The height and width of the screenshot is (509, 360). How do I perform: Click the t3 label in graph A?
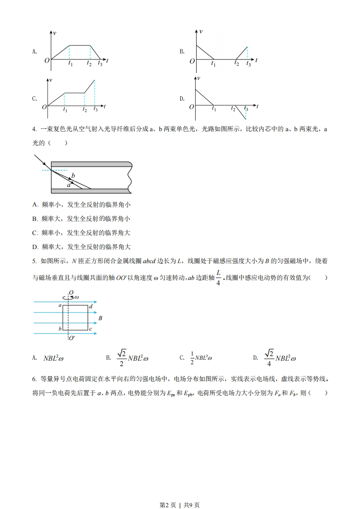(x=100, y=65)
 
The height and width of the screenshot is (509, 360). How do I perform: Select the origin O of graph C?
(x=44, y=107)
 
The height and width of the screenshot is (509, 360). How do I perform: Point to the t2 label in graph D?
(x=233, y=109)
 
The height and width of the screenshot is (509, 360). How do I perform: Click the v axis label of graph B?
(x=201, y=31)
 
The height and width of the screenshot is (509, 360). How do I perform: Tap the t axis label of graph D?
(x=257, y=106)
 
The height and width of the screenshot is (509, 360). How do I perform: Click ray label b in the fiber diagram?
(x=73, y=175)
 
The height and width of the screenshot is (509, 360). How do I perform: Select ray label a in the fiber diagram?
(x=69, y=185)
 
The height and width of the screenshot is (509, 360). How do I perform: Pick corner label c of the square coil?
(x=91, y=328)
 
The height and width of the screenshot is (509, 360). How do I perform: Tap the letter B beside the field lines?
(x=100, y=318)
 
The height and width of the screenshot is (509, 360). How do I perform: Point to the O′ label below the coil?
(x=72, y=338)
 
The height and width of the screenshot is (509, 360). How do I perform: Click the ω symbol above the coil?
(x=76, y=297)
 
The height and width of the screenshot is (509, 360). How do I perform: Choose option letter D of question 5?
(x=255, y=358)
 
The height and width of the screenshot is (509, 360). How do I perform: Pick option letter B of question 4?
(x=35, y=219)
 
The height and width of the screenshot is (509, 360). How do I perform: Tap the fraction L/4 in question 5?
(x=218, y=277)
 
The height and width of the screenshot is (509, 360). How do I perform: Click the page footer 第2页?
(x=168, y=492)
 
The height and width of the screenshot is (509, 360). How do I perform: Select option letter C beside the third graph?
(x=35, y=98)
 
